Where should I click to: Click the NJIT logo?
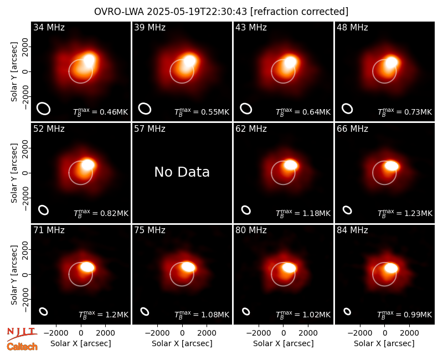tap(22, 334)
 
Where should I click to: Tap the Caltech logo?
tap(22, 347)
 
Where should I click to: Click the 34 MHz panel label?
tap(49, 27)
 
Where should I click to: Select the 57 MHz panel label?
tap(150, 129)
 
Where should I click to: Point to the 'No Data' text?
tap(182, 172)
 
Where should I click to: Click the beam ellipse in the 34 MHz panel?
tap(44, 109)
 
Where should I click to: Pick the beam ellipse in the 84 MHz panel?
tap(347, 311)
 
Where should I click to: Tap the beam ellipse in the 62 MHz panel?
tap(246, 210)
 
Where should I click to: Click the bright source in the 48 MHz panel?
tap(392, 62)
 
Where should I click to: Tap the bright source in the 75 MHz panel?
tap(188, 266)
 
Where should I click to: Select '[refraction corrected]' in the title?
tap(300, 12)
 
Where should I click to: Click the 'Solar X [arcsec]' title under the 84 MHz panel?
tap(384, 343)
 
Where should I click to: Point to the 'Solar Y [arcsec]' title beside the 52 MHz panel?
tap(14, 173)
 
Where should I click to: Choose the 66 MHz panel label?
tap(352, 129)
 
